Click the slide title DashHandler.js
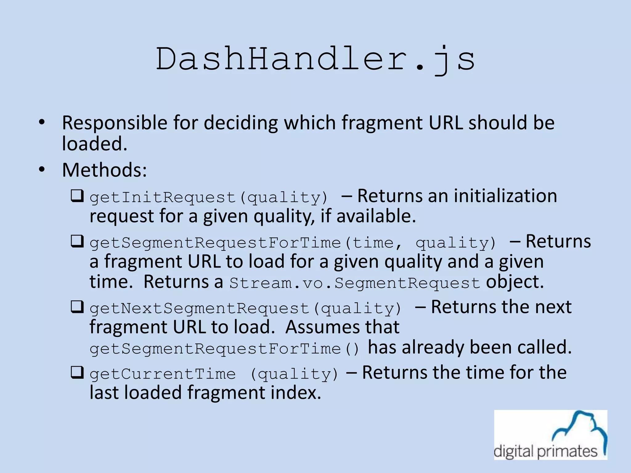315,59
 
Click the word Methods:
104,170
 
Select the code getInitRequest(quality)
209,197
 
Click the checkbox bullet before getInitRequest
77,196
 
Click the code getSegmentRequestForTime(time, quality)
293,243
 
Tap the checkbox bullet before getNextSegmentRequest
77,307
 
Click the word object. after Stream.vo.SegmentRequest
515,282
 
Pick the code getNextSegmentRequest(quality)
246,308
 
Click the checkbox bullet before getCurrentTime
77,373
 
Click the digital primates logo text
545,451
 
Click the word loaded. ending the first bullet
95,144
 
